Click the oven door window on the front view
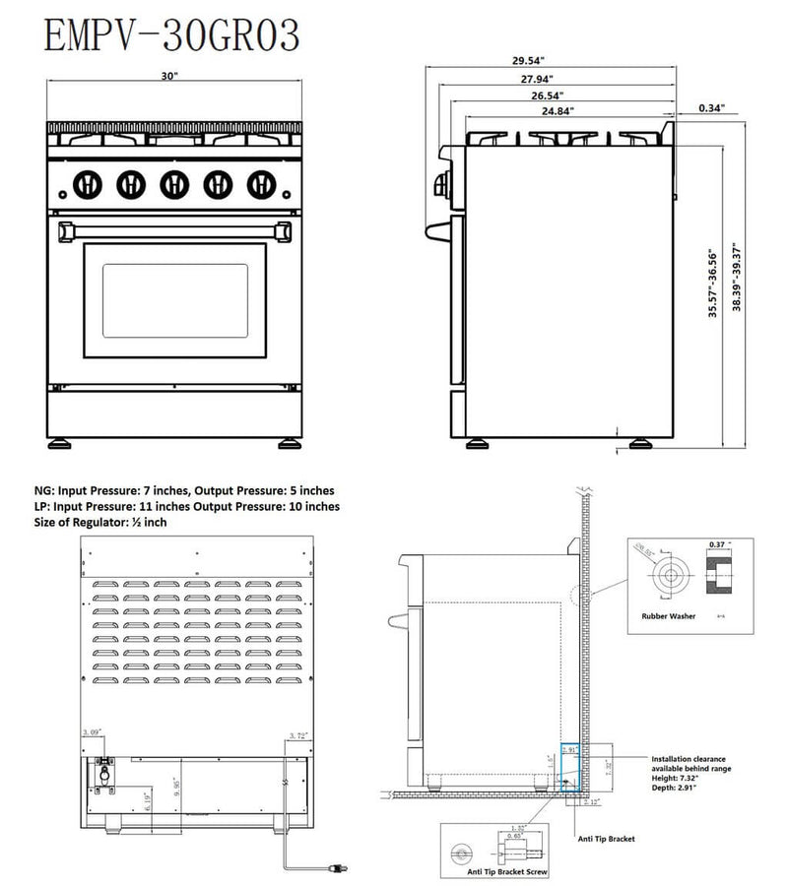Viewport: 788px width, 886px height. pyautogui.click(x=174, y=300)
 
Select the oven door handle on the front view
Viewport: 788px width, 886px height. pyautogui.click(x=175, y=229)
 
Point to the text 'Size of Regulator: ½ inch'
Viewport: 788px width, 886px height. pyautogui.click(x=100, y=522)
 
